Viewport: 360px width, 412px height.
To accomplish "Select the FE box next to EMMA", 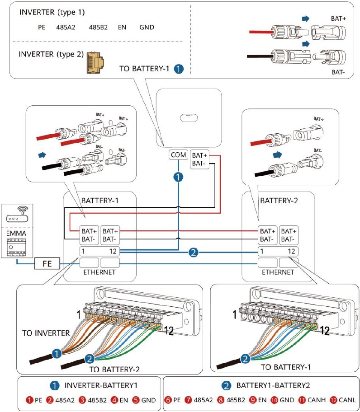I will coord(47,263).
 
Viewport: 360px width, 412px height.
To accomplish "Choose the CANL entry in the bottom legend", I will coord(346,400).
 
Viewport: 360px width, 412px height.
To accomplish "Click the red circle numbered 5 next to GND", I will coord(135,400).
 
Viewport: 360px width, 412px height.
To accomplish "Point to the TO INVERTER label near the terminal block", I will coord(46,333).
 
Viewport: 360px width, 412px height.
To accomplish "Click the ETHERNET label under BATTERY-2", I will coord(278,272).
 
